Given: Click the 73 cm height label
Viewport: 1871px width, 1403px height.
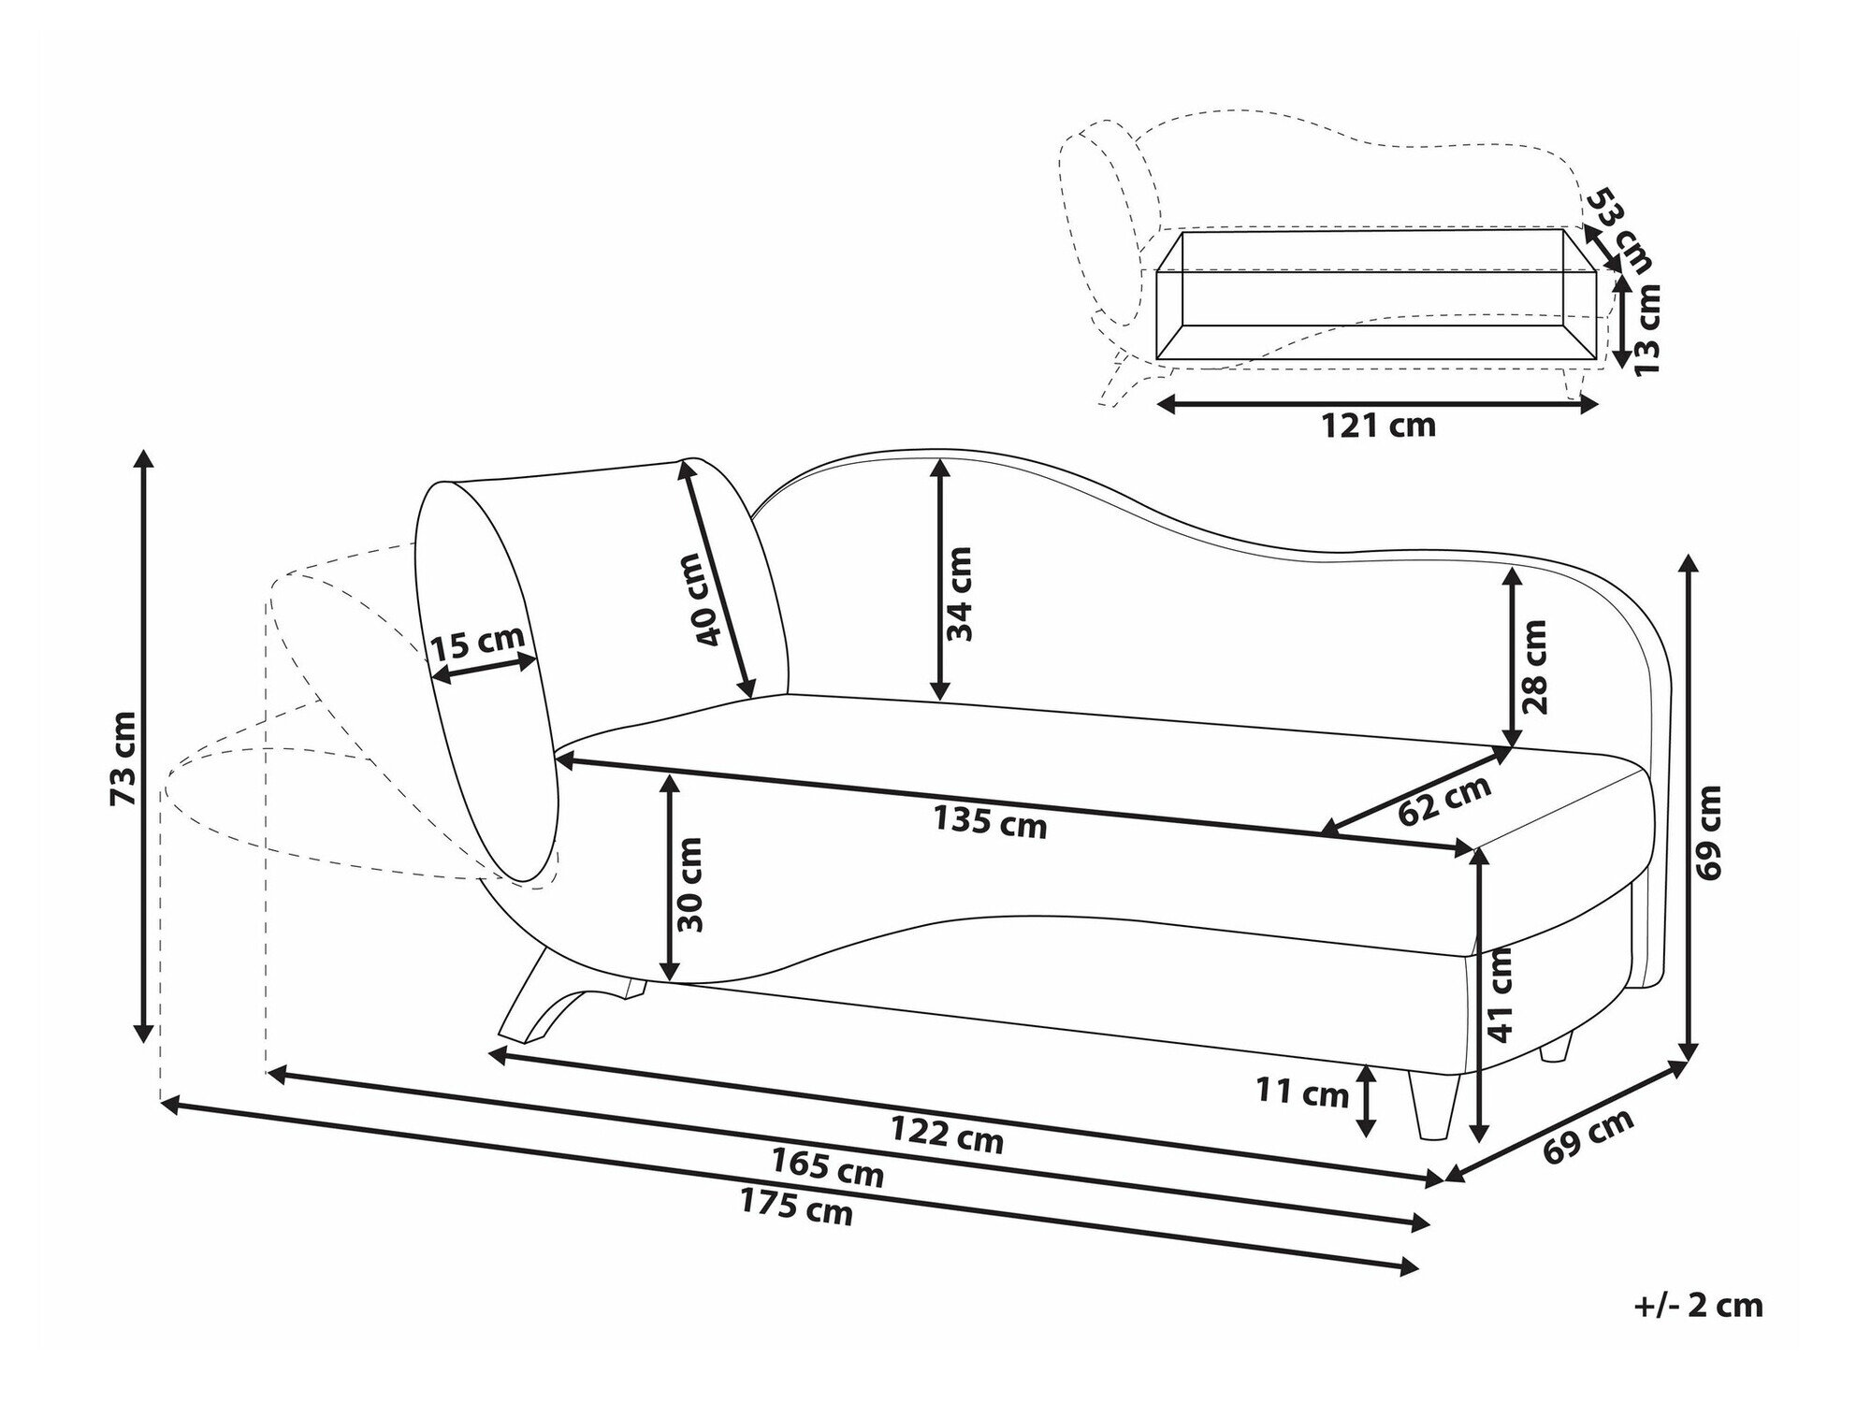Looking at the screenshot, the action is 123,759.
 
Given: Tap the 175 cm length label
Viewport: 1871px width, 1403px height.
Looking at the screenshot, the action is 796,1208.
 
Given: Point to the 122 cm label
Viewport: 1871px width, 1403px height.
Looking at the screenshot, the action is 946,1135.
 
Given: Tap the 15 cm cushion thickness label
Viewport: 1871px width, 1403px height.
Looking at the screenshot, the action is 477,644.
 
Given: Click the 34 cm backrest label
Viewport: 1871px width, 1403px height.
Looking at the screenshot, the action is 959,594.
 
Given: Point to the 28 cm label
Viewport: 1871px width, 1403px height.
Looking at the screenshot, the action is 1535,667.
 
